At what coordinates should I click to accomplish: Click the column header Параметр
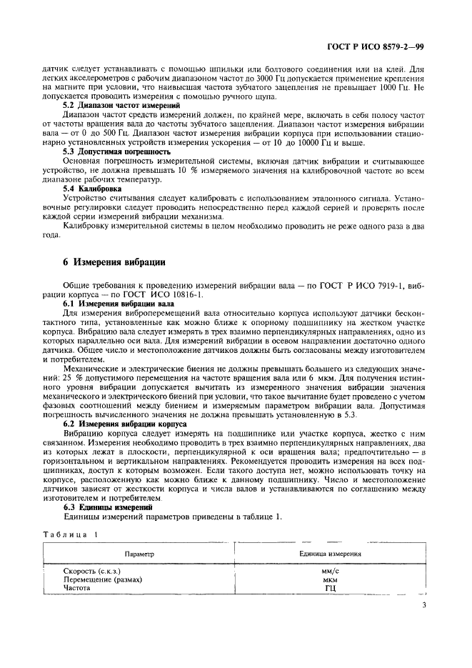click(x=139, y=554)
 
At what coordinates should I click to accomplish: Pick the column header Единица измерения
click(x=330, y=554)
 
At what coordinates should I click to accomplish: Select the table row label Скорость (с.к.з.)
click(x=92, y=572)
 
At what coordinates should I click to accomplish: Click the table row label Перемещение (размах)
click(x=103, y=580)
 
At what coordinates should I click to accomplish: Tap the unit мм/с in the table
click(x=330, y=572)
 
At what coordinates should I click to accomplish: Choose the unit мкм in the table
click(x=330, y=580)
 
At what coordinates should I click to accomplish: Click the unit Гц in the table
click(x=330, y=589)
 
